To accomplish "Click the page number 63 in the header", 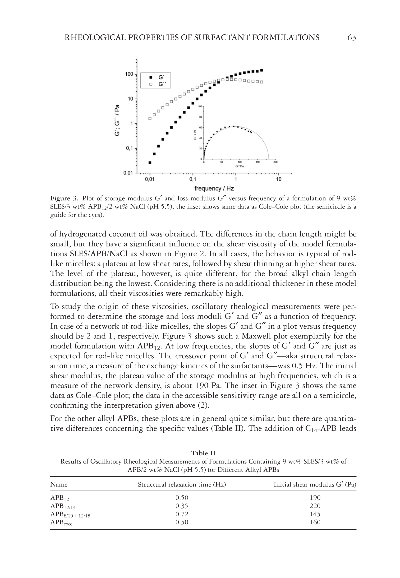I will tap(352, 38).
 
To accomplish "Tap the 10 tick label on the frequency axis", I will tap(278, 179).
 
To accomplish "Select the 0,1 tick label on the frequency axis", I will tap(193, 179).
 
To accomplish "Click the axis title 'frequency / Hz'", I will tap(214, 189).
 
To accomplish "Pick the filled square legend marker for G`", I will tap(151, 78).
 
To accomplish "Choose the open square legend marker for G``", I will tap(151, 84).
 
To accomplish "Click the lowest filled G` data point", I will tap(150, 163).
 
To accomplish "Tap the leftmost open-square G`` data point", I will tap(150, 119).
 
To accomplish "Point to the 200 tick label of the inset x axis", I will tap(276, 162).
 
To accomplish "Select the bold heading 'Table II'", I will tap(203, 453).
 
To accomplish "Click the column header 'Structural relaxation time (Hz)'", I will tap(182, 485).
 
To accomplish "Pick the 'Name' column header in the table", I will tap(59, 485).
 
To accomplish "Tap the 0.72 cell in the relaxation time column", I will tap(182, 514).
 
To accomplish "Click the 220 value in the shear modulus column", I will tap(315, 506).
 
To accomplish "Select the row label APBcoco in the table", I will tap(61, 523).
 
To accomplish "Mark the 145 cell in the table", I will tap(315, 514).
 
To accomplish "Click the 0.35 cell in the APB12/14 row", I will tap(182, 506).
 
